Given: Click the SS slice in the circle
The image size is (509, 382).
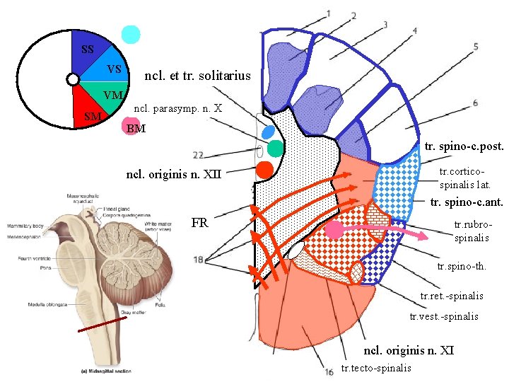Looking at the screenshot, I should [x=87, y=51].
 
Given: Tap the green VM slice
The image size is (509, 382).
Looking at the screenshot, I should [x=106, y=93].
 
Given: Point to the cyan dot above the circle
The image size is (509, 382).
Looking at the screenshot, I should [x=131, y=35].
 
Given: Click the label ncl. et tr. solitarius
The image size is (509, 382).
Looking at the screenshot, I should [x=197, y=75].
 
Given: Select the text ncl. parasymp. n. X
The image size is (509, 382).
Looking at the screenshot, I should [x=178, y=109].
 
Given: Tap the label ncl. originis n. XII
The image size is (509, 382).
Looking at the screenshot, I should [x=173, y=174].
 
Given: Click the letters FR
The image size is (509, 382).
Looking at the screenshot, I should [x=199, y=223].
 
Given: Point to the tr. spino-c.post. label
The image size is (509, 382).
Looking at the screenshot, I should [x=464, y=147].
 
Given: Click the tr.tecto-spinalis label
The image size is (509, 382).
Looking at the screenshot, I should [x=375, y=367].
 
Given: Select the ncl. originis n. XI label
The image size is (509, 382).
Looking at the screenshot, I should [x=408, y=350].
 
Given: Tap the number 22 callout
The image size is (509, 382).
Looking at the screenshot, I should [x=198, y=155].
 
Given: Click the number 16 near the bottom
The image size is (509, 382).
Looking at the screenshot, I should [x=329, y=371].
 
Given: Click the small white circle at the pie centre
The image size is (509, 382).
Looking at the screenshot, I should [x=73, y=81].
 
